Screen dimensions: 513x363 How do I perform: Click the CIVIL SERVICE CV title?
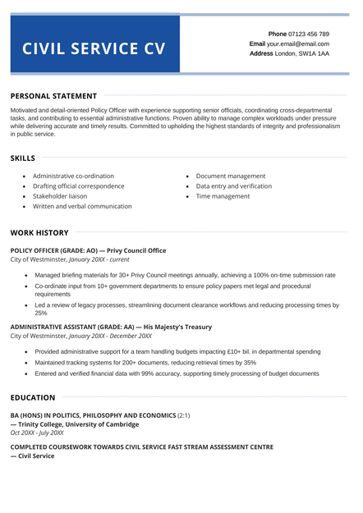[94, 48]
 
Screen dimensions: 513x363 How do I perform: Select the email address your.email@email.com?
[298, 44]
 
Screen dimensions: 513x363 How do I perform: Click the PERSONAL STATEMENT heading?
[53, 96]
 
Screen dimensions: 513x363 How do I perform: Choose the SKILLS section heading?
[23, 158]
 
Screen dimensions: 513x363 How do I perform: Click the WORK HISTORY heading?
[39, 232]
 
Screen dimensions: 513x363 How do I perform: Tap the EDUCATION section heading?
[33, 397]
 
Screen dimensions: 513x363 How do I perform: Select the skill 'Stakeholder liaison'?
[60, 197]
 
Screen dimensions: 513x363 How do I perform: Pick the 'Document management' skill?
[231, 176]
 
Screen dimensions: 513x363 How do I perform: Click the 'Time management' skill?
[223, 197]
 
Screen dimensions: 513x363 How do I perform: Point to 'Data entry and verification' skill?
[234, 186]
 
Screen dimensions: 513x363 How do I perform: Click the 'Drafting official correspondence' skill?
[79, 186]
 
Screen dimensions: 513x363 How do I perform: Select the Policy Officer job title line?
[88, 250]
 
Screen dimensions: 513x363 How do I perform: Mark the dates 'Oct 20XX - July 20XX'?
[37, 433]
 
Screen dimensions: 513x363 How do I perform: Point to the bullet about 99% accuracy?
[177, 373]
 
